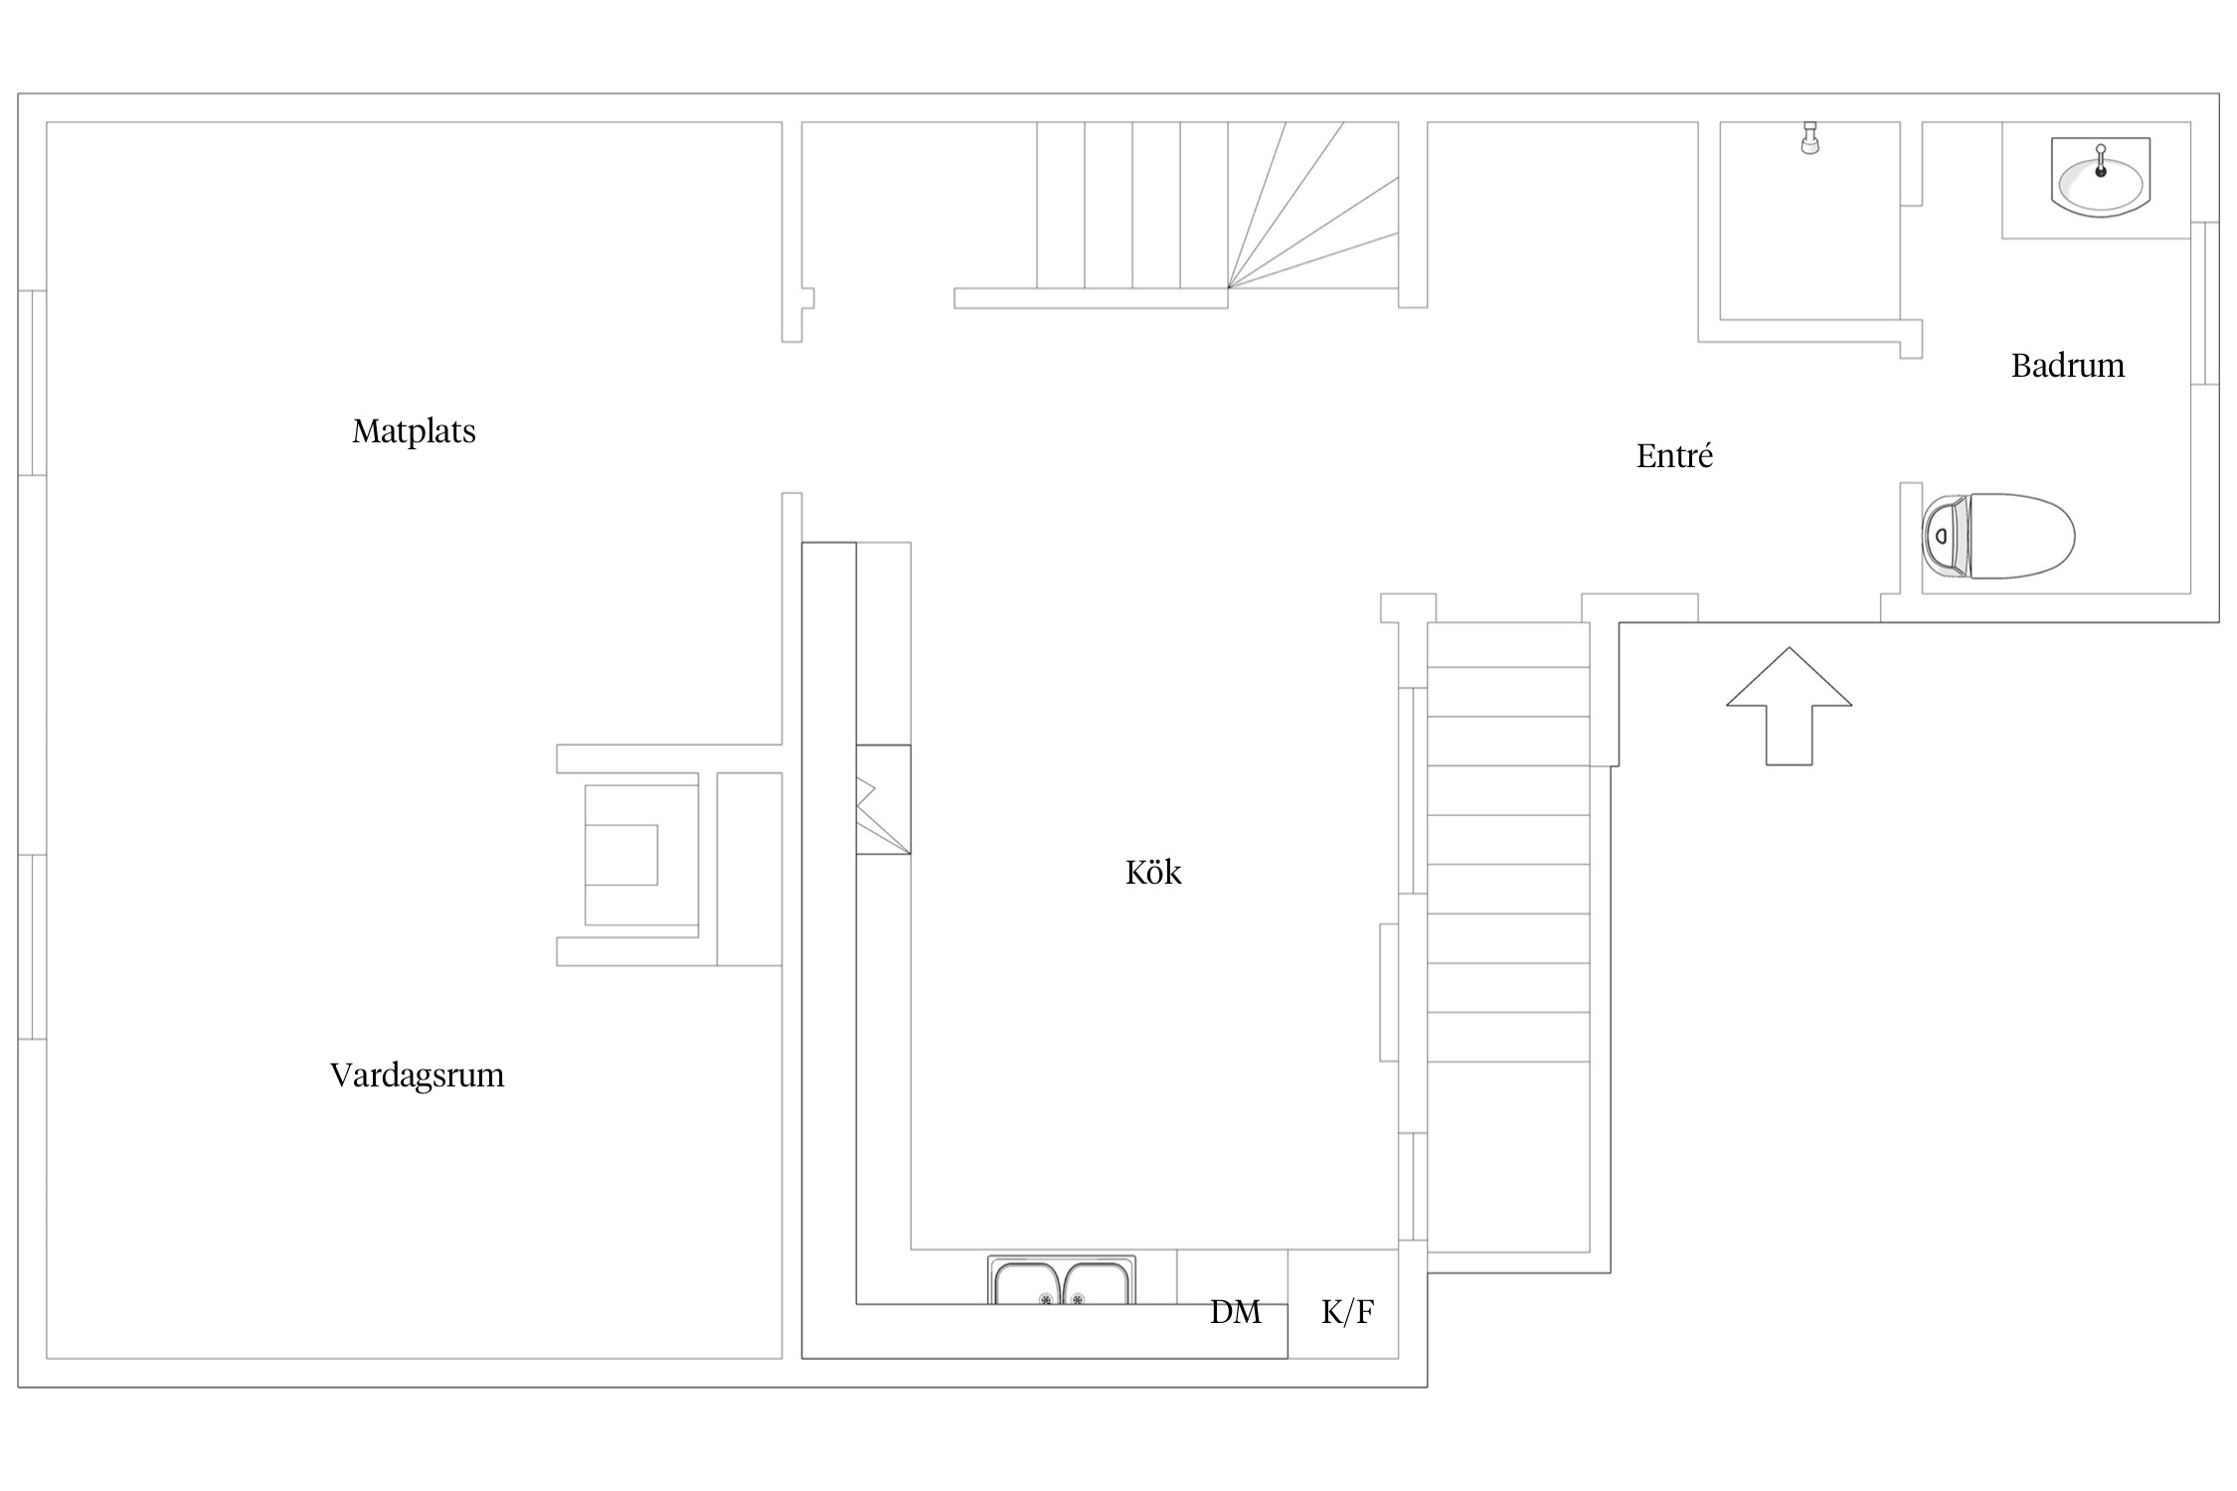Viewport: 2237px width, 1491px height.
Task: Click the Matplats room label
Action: click(x=414, y=431)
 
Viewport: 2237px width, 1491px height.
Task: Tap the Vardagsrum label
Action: click(x=417, y=1076)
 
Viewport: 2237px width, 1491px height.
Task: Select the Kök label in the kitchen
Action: click(x=1153, y=873)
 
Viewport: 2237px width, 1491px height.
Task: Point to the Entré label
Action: click(x=1674, y=456)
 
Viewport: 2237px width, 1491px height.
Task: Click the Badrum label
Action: click(x=2068, y=366)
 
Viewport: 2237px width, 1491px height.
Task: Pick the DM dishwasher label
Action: click(x=1236, y=1313)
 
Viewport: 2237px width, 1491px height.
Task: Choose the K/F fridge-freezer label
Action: click(x=1347, y=1312)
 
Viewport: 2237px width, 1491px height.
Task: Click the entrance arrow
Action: click(x=1789, y=706)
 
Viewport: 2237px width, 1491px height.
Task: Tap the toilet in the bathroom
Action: click(x=1998, y=536)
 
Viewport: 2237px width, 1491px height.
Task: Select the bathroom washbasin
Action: click(x=2101, y=178)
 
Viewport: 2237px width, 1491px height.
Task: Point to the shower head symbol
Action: click(x=1810, y=138)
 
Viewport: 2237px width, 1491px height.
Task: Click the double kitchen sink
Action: click(x=1061, y=1280)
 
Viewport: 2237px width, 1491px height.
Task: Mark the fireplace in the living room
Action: click(x=641, y=855)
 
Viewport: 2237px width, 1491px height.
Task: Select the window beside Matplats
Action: click(x=32, y=383)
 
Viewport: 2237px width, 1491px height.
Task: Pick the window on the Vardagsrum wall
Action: click(x=32, y=947)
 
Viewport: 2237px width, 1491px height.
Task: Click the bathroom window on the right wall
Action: click(x=2204, y=303)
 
